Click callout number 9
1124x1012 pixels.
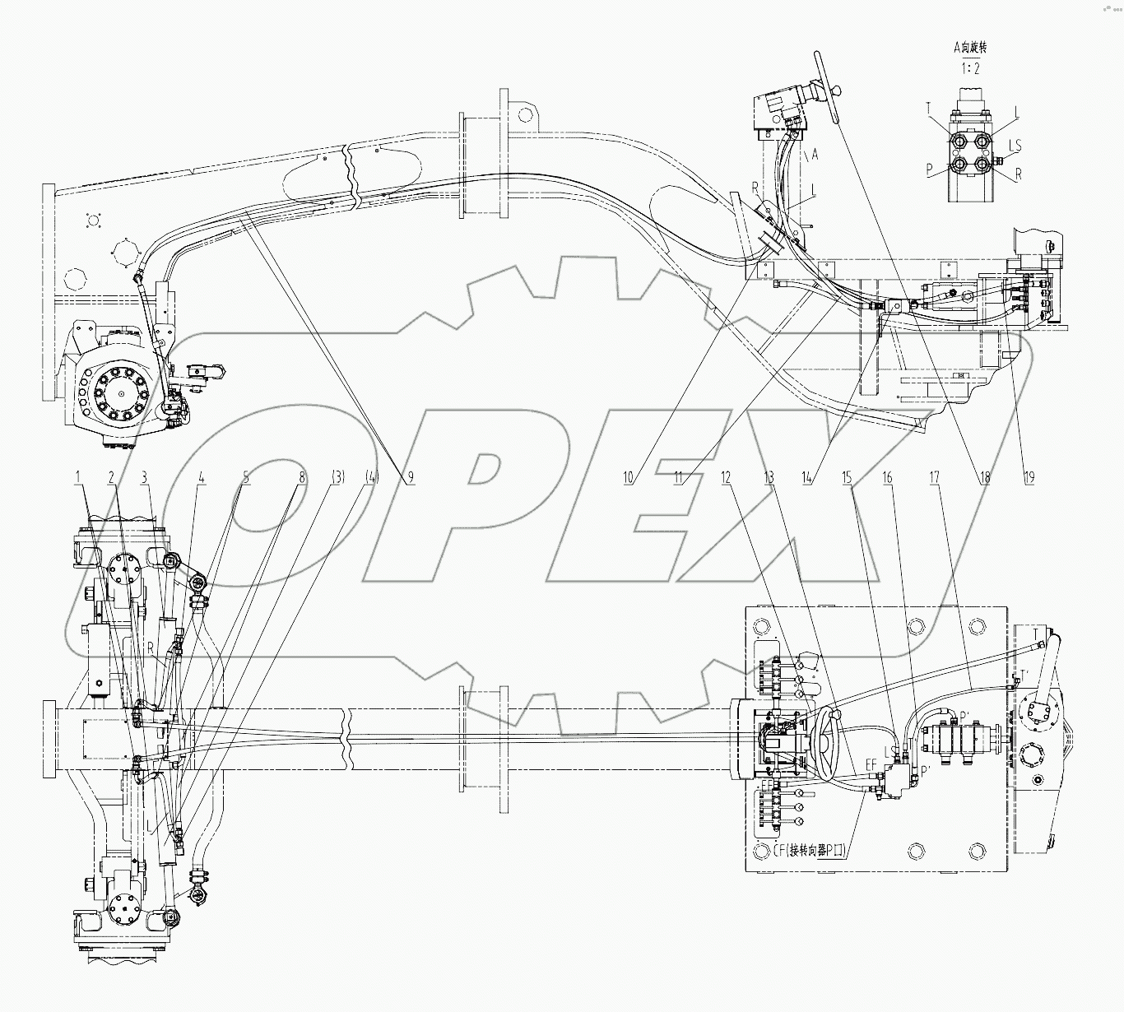click(409, 476)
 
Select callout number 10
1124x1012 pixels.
click(628, 476)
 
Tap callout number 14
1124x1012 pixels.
click(808, 476)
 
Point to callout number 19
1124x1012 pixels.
click(1029, 476)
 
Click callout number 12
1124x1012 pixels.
click(726, 476)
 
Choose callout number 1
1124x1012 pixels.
click(78, 476)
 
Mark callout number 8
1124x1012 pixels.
click(302, 476)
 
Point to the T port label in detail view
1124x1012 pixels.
click(928, 108)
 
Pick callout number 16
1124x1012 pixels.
click(887, 476)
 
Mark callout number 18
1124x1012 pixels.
click(983, 476)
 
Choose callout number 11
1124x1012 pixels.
click(678, 476)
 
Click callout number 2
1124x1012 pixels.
click(110, 476)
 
